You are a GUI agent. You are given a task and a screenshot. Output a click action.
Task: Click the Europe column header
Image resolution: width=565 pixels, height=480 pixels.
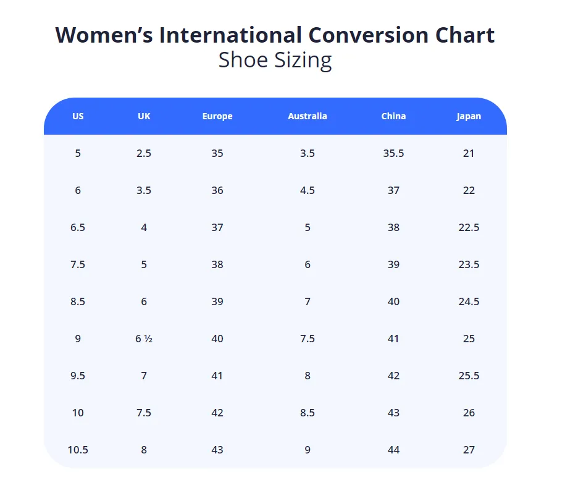217,116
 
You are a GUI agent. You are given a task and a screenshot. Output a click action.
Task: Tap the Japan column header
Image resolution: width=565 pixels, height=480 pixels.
469,116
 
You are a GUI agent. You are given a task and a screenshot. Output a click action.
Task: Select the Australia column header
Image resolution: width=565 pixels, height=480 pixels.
308,116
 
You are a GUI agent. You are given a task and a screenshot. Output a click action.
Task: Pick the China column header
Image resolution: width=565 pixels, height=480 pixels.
393,116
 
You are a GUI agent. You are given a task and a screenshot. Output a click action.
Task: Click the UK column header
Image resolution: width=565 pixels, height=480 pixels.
144,116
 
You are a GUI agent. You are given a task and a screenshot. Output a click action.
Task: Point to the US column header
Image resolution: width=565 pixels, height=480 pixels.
78,116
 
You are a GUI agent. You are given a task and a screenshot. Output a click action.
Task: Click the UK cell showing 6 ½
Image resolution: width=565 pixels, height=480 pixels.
144,339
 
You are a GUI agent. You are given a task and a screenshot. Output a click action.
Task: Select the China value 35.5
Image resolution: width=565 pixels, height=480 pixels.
393,153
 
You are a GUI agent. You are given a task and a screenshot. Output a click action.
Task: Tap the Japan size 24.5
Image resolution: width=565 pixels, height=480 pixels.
469,301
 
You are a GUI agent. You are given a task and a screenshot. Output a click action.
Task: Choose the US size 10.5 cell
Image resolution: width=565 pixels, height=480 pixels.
78,450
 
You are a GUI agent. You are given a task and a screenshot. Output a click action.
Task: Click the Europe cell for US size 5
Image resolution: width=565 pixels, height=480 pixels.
217,153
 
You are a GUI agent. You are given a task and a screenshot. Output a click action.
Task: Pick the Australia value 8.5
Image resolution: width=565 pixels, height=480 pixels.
308,413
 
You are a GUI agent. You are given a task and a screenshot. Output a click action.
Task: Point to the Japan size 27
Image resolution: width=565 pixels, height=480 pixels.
469,450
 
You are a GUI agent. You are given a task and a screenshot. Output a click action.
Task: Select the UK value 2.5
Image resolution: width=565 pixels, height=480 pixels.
144,153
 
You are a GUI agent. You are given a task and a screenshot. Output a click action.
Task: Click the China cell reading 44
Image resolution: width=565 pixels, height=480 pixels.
393,450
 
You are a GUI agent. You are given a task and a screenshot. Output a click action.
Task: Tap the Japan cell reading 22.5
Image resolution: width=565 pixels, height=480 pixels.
469,227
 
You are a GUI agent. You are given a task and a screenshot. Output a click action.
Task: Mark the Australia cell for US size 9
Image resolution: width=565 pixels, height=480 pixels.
308,339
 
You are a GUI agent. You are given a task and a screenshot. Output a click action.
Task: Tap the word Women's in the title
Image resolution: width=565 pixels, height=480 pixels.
104,35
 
